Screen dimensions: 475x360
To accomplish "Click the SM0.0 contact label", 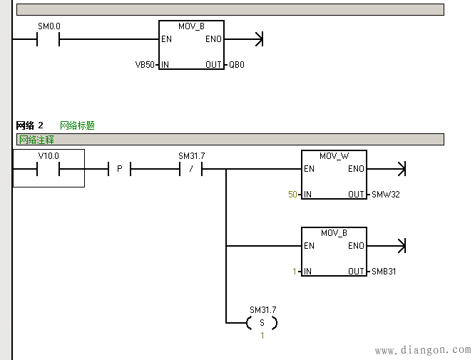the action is pyautogui.click(x=49, y=26).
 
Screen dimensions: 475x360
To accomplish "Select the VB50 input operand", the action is pyautogui.click(x=145, y=65).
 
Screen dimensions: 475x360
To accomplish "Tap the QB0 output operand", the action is pyautogui.click(x=237, y=65).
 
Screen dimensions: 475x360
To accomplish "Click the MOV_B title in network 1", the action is pyautogui.click(x=191, y=26).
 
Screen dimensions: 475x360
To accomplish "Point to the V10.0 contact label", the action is pyautogui.click(x=48, y=156).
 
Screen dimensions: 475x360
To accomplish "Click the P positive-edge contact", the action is pyautogui.click(x=120, y=169).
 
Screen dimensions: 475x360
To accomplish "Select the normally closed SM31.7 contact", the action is pyautogui.click(x=191, y=169).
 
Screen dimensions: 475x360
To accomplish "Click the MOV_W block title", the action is pyautogui.click(x=334, y=156).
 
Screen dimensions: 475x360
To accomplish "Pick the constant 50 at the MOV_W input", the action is pyautogui.click(x=292, y=195).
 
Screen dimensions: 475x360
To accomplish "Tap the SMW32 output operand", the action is pyautogui.click(x=386, y=195).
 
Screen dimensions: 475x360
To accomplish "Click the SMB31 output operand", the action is pyautogui.click(x=384, y=272).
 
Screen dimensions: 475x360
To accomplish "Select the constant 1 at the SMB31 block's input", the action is pyautogui.click(x=295, y=272).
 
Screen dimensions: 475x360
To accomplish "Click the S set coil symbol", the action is pyautogui.click(x=262, y=323).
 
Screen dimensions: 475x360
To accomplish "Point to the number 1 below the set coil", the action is pyautogui.click(x=262, y=336).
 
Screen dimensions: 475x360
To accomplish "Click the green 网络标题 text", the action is pyautogui.click(x=77, y=125).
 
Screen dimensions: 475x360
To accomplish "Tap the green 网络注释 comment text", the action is pyautogui.click(x=36, y=140).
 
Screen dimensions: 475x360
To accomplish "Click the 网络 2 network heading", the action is pyautogui.click(x=30, y=125).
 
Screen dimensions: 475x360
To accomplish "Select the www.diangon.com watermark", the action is pyautogui.click(x=423, y=350).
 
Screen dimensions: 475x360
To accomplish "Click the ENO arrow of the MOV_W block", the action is pyautogui.click(x=387, y=169).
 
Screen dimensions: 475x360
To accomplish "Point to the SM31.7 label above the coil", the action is pyautogui.click(x=263, y=309).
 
